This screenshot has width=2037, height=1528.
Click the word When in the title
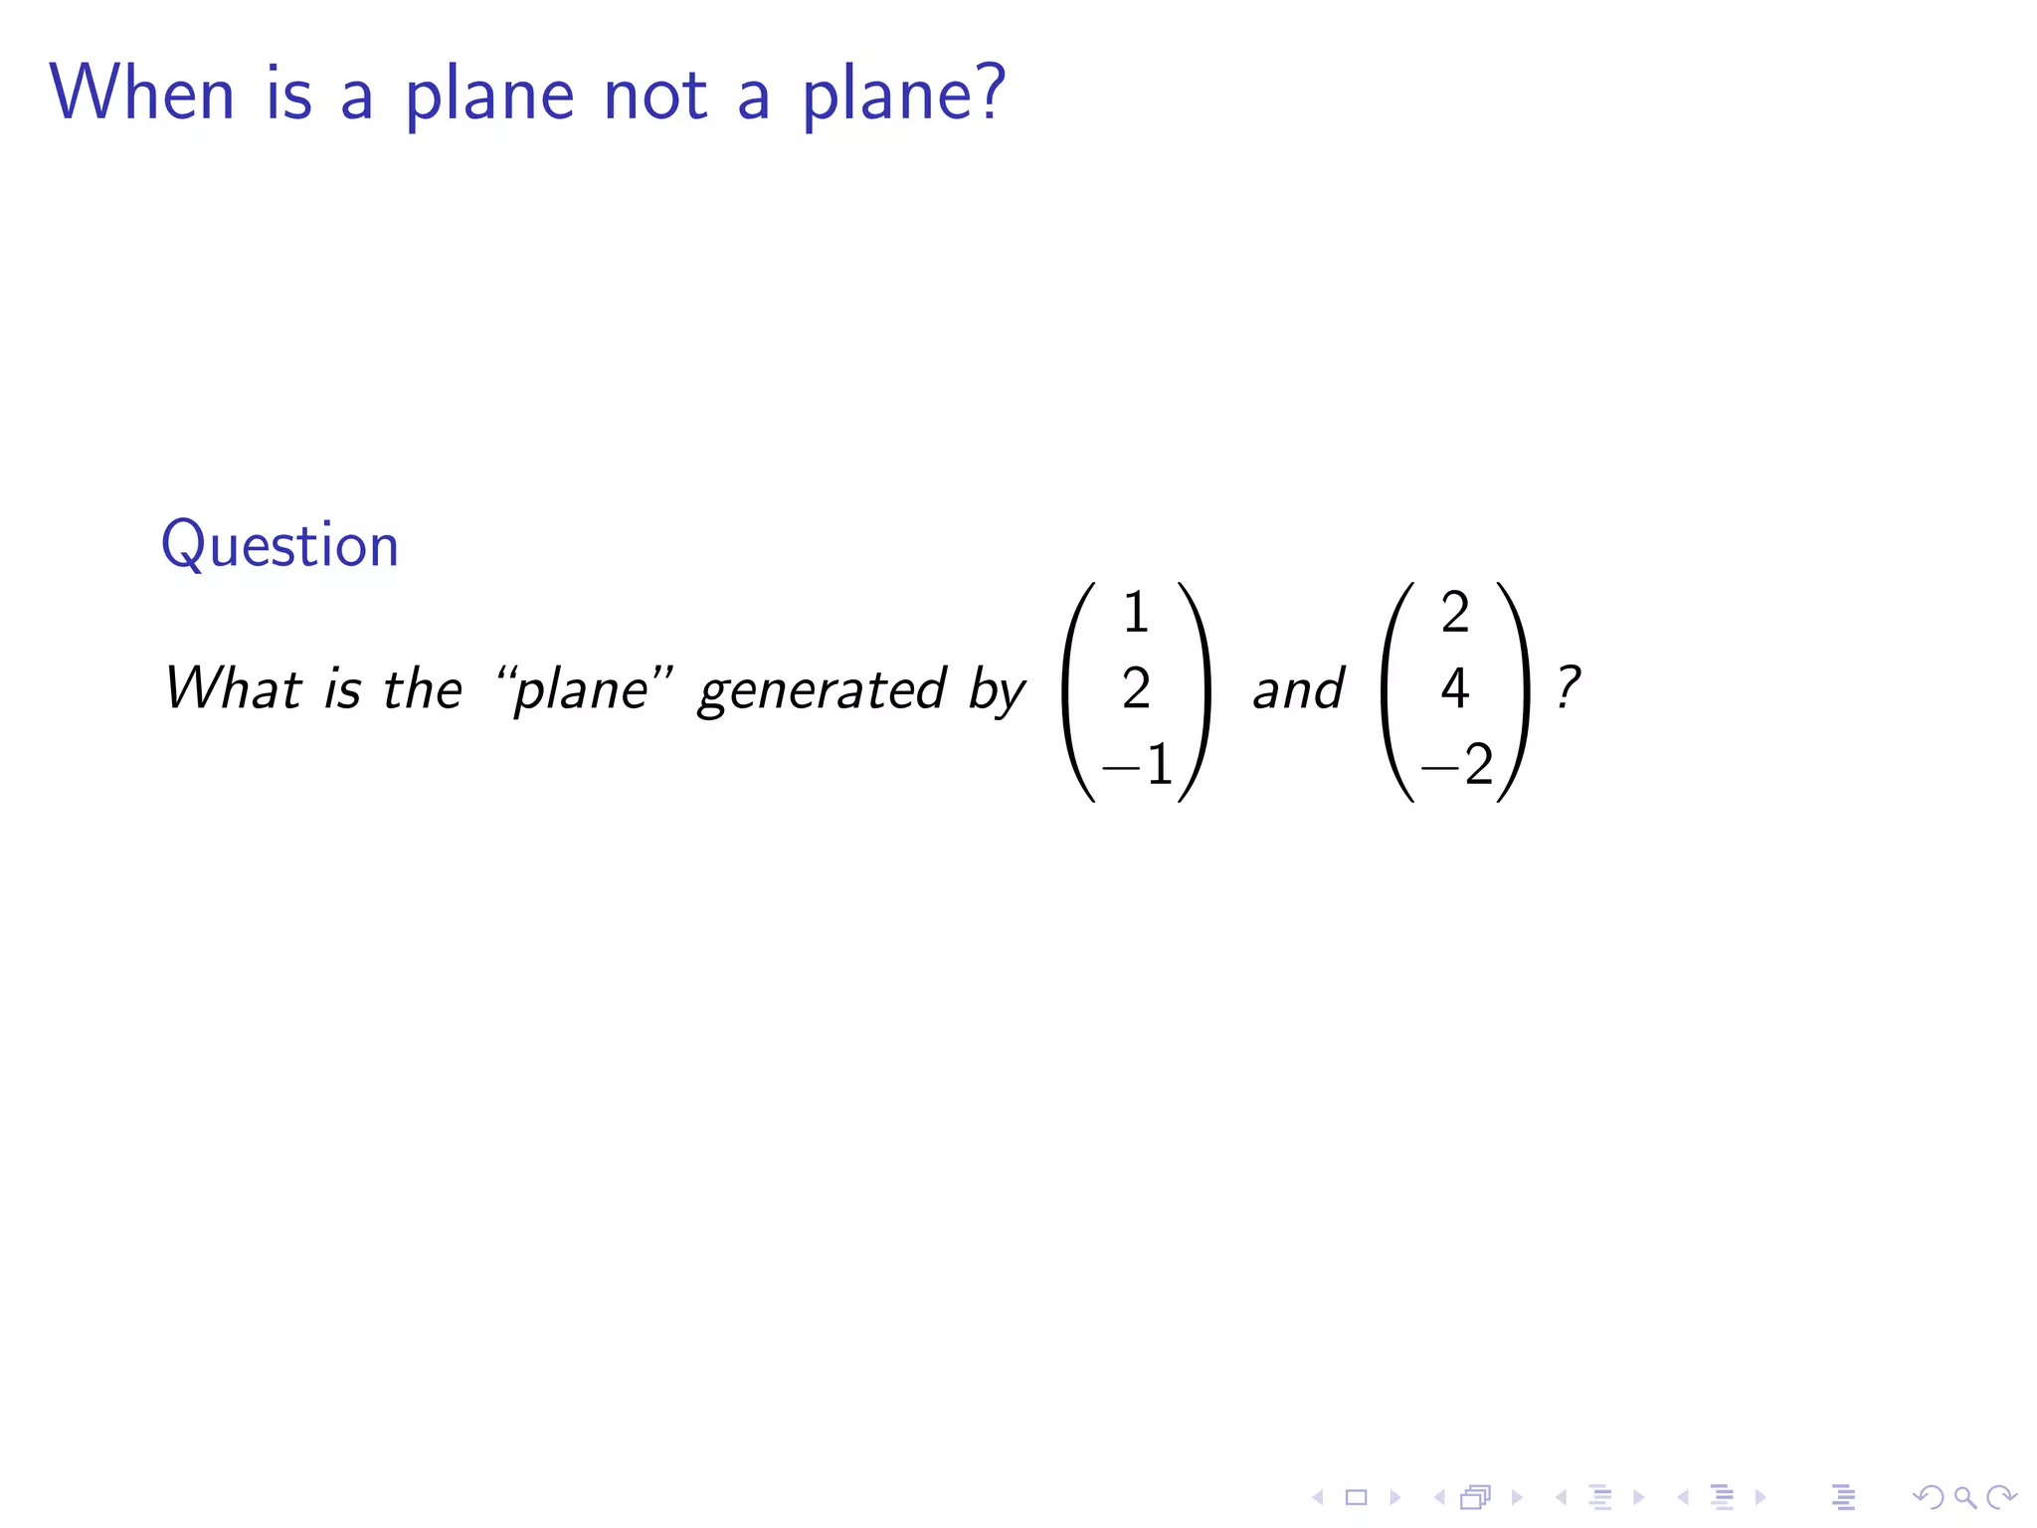pyautogui.click(x=142, y=94)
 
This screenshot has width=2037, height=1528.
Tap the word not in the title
pyautogui.click(x=654, y=95)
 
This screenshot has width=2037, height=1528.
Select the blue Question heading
pyautogui.click(x=279, y=545)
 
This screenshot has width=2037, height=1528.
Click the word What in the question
pyautogui.click(x=233, y=688)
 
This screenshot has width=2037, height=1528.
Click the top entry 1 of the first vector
pyautogui.click(x=1136, y=613)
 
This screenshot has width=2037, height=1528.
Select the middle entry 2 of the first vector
pyautogui.click(x=1136, y=688)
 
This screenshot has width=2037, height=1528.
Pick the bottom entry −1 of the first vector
pyautogui.click(x=1138, y=765)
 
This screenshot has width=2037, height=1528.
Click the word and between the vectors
pyautogui.click(x=1298, y=689)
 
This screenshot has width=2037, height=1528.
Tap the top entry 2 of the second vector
pyautogui.click(x=1455, y=613)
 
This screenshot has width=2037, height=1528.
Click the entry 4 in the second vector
pyautogui.click(x=1455, y=688)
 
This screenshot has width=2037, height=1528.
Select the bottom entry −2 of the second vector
pyautogui.click(x=1457, y=765)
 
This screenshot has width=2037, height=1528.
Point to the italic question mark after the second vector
pyautogui.click(x=1569, y=686)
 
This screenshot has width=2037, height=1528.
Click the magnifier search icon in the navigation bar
pyautogui.click(x=1965, y=1497)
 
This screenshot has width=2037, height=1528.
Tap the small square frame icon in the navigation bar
pyautogui.click(x=1356, y=1497)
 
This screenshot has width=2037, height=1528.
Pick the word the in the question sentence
pyautogui.click(x=423, y=688)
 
